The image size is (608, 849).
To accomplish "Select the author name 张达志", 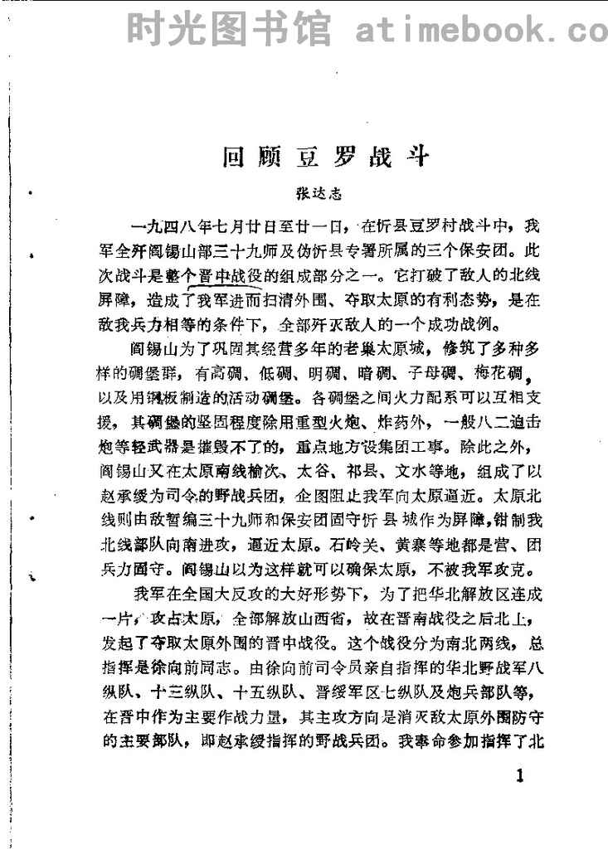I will pos(320,196).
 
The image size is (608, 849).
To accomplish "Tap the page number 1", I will pos(520,777).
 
